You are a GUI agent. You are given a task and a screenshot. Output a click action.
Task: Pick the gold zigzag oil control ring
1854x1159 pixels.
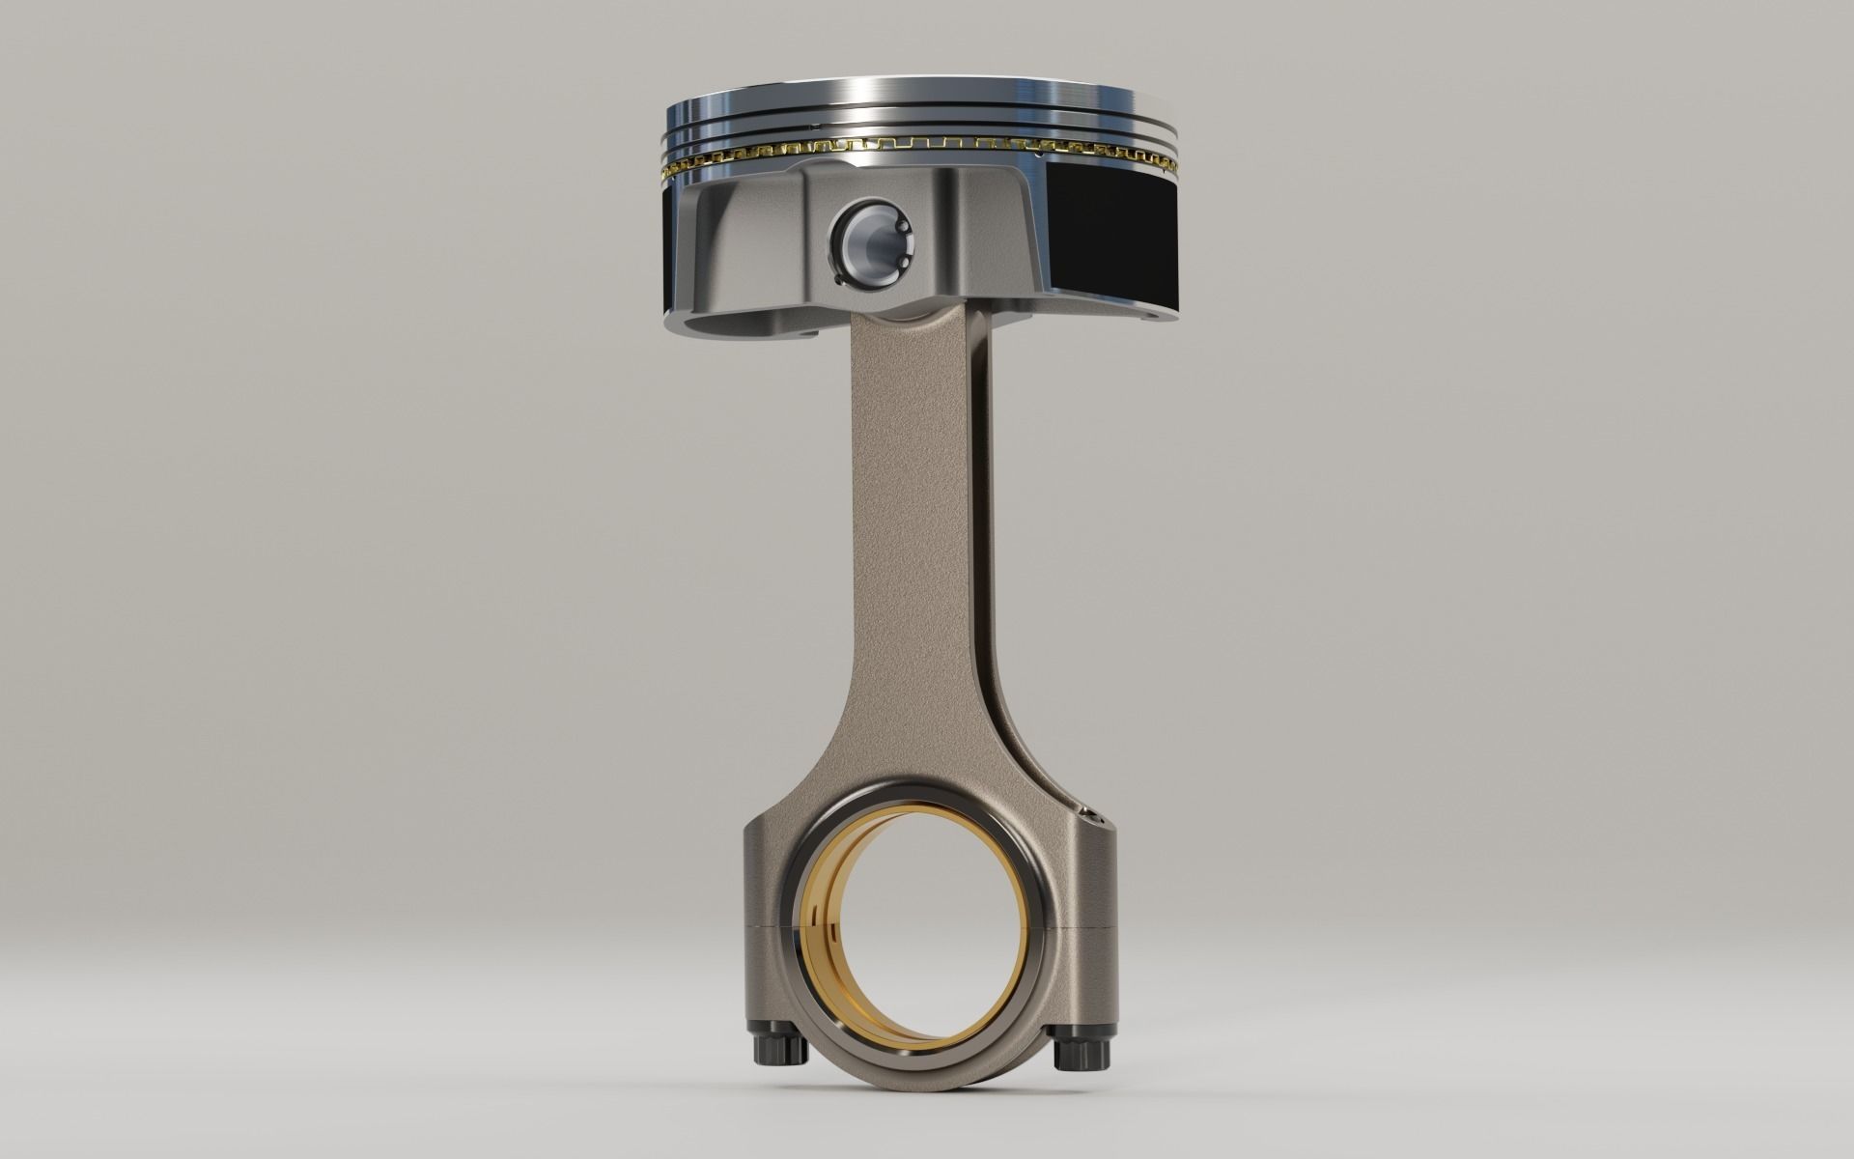(917, 148)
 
